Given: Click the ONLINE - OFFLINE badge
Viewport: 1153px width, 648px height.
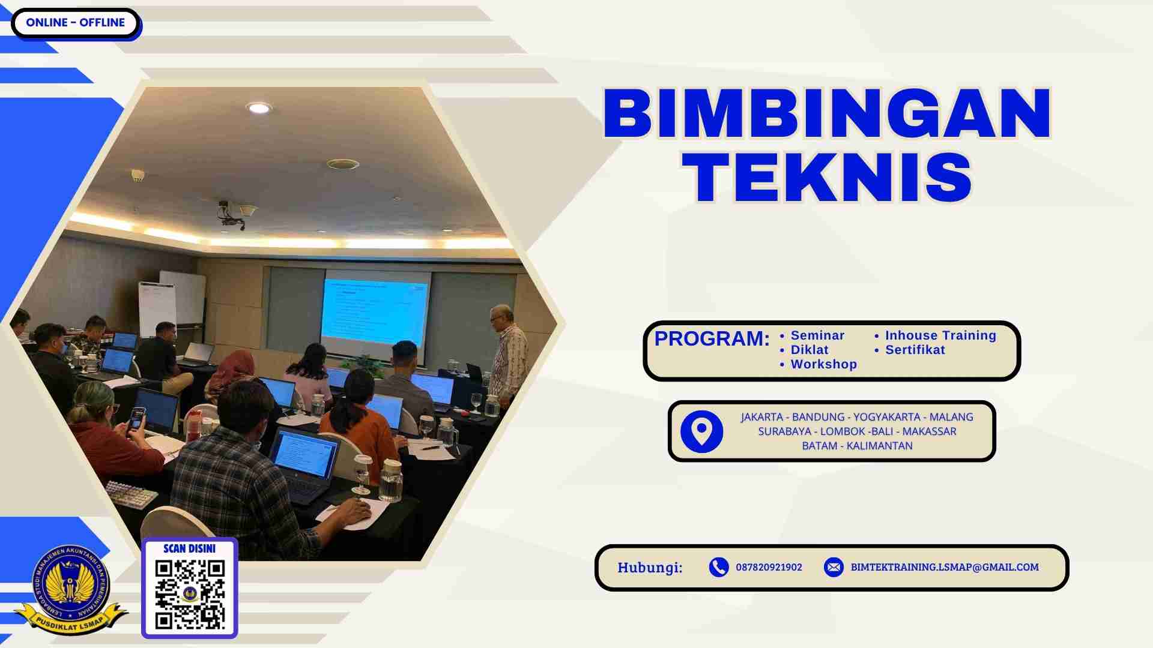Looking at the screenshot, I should [x=75, y=23].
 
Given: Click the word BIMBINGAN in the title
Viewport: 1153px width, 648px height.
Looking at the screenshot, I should [x=827, y=113].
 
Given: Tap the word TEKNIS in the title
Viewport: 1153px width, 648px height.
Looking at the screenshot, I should [x=831, y=178].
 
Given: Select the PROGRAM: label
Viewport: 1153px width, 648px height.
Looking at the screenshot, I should [x=712, y=338].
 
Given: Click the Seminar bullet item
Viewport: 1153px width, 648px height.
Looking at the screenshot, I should [x=817, y=335].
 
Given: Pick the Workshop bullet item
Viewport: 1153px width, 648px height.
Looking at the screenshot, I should [x=823, y=364].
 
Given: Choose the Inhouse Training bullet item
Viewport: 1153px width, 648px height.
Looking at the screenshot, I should [x=940, y=335].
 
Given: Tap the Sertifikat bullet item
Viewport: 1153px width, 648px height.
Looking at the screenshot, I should [x=915, y=350].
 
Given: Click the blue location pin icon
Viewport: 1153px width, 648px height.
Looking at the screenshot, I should [x=701, y=431].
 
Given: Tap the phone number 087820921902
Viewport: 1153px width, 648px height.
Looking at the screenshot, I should [x=769, y=567].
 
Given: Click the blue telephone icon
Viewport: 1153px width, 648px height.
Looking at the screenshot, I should [x=718, y=567].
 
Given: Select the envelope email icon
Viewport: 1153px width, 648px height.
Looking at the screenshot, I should [x=834, y=567].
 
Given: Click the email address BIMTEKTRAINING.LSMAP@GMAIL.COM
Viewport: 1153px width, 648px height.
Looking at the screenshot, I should [x=944, y=567].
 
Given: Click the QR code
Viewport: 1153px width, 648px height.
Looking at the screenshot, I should [x=190, y=594].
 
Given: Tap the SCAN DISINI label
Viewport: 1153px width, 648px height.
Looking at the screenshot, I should [x=189, y=548].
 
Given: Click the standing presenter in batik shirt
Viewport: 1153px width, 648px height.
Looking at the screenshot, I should [x=507, y=354].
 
